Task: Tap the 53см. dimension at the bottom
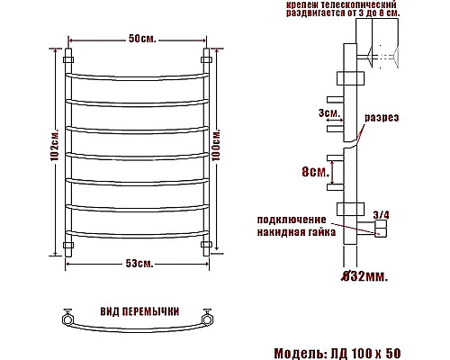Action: pos(139,263)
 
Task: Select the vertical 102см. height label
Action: pos(54,154)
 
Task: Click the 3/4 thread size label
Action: pos(381,213)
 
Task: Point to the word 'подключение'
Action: pos(292,220)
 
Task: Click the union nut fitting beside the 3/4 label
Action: pos(379,231)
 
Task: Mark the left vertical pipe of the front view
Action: pos(68,153)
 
